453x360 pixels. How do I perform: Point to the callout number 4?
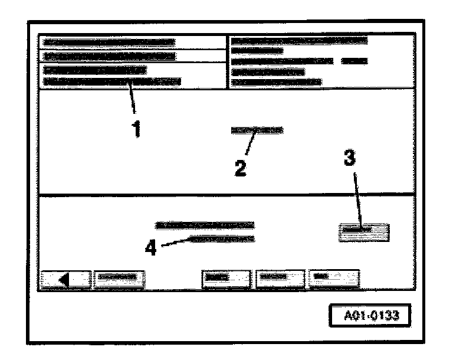(152, 248)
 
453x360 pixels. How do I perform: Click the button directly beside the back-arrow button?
(119, 277)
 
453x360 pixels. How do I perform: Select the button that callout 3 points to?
(364, 232)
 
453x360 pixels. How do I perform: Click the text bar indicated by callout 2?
(257, 130)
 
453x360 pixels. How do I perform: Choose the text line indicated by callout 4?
(221, 239)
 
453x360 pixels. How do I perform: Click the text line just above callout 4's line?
(205, 225)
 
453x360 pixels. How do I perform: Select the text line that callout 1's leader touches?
(113, 82)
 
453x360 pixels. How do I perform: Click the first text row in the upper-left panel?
(110, 42)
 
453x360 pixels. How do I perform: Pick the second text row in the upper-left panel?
(110, 57)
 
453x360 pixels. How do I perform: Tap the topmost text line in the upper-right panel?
(299, 40)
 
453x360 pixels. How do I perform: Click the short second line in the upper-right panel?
(257, 51)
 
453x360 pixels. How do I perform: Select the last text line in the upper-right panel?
(277, 82)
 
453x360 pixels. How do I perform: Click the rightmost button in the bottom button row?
(334, 277)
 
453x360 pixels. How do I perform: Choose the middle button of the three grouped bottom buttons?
(280, 277)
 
